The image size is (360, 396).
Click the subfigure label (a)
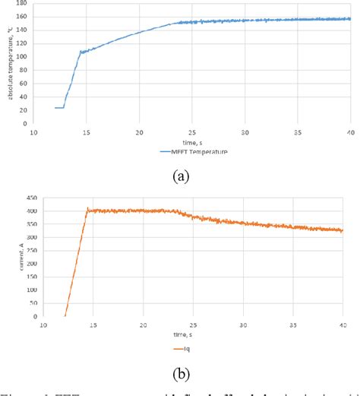[181, 176]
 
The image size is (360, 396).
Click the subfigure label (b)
[181, 374]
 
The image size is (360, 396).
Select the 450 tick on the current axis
[26, 197]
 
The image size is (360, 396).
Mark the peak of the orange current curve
[89, 209]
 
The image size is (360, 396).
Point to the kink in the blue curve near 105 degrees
[81, 52]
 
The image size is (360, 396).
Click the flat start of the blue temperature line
[58, 108]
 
